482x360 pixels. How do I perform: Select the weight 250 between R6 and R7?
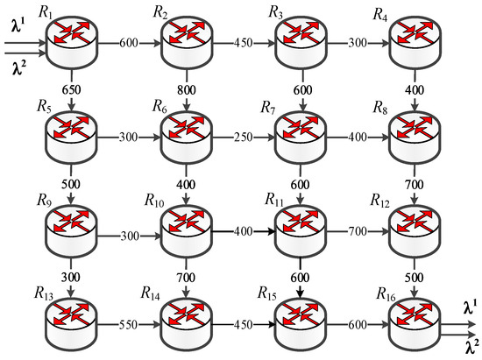click(x=245, y=138)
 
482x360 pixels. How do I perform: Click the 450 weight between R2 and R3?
click(x=245, y=42)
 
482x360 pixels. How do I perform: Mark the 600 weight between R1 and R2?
click(x=126, y=42)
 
